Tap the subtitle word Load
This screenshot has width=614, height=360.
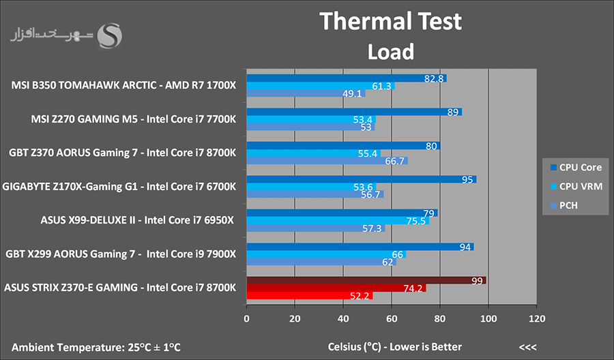pyautogui.click(x=390, y=52)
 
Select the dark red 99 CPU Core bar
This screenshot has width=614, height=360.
pyautogui.click(x=366, y=280)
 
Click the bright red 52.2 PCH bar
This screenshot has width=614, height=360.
pyautogui.click(x=310, y=295)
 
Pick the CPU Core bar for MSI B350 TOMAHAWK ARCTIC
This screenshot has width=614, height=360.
pyautogui.click(x=347, y=78)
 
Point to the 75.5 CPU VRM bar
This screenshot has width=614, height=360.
pyautogui.click(x=338, y=221)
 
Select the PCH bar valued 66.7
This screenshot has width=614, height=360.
pyautogui.click(x=327, y=161)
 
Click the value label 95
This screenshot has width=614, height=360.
pyautogui.click(x=467, y=179)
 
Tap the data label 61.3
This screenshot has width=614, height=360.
pyautogui.click(x=381, y=86)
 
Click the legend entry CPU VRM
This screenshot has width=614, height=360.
pyautogui.click(x=576, y=186)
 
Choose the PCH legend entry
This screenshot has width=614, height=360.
pyautogui.click(x=564, y=205)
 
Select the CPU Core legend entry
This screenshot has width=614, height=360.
pyautogui.click(x=576, y=168)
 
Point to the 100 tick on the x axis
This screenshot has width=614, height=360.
pyautogui.click(x=488, y=318)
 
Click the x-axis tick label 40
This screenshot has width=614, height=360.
pyautogui.click(x=343, y=318)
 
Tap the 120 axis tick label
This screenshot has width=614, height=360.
pyautogui.click(x=537, y=318)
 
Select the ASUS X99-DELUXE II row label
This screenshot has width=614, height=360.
pyautogui.click(x=88, y=220)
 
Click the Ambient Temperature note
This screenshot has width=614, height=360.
pyautogui.click(x=96, y=347)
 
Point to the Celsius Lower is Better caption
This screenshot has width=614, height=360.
pyautogui.click(x=395, y=346)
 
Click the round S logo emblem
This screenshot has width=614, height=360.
pyautogui.click(x=109, y=36)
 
